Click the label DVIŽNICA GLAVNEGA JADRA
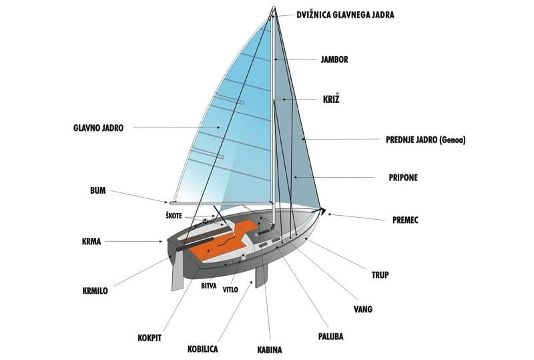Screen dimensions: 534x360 [345, 15]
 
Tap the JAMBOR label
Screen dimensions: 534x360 [334, 59]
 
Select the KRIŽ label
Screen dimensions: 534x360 [331, 100]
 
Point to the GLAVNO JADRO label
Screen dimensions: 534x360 [98, 128]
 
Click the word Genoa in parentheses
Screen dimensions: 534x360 [453, 140]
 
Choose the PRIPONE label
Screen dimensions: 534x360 [403, 178]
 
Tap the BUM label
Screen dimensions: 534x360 [98, 190]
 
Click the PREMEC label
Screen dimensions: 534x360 [405, 220]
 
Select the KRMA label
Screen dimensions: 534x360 [91, 242]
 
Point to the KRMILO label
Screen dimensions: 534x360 [95, 291]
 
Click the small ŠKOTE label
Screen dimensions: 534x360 [174, 216]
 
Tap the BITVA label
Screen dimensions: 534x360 [209, 286]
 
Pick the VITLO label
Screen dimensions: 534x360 [230, 290]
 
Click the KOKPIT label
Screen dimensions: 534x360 [150, 338]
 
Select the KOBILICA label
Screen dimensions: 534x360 [203, 349]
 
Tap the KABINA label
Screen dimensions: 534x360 [270, 350]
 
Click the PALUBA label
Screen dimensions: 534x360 [330, 337]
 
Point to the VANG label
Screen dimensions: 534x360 [363, 309]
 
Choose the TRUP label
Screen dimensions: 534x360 [380, 275]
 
